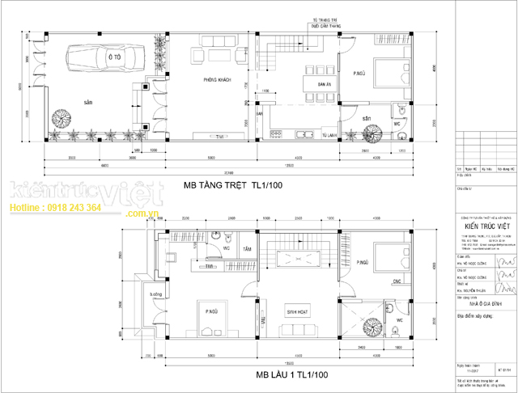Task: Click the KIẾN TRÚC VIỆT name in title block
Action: [486, 228]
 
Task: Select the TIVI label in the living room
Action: [219, 137]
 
